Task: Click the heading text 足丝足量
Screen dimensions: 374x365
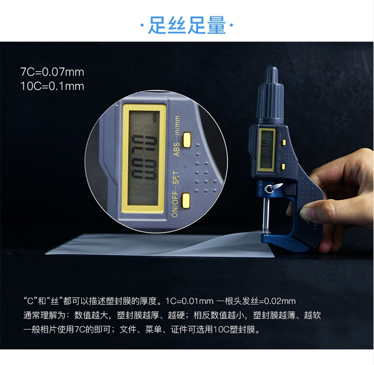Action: click(x=187, y=25)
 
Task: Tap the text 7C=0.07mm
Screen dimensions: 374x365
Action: click(x=52, y=72)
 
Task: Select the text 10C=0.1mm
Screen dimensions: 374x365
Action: click(x=52, y=86)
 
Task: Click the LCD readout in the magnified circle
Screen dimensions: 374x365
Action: click(x=143, y=158)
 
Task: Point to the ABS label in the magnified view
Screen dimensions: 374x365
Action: click(x=177, y=149)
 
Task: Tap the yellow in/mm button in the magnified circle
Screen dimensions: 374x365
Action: click(x=187, y=140)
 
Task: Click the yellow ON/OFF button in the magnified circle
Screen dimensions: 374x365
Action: click(x=186, y=200)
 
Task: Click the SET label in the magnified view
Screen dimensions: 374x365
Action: click(x=176, y=177)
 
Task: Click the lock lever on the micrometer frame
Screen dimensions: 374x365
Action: click(x=274, y=188)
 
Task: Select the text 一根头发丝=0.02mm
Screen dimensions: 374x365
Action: click(x=256, y=301)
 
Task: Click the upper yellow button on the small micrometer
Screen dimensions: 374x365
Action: click(x=284, y=143)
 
